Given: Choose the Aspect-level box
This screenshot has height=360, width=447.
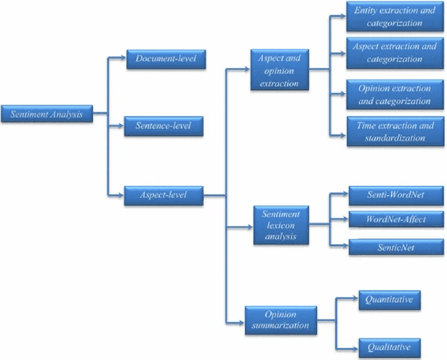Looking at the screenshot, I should [164, 195].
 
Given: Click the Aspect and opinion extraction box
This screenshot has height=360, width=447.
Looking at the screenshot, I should [279, 71].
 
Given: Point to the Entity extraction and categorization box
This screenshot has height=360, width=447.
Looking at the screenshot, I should [395, 17].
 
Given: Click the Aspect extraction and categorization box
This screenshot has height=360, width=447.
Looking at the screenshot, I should [395, 52].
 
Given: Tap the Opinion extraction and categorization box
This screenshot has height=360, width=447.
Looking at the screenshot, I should [395, 95].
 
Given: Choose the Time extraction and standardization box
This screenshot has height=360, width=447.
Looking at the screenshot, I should [395, 131].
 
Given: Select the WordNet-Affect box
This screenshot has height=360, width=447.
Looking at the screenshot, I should [396, 219].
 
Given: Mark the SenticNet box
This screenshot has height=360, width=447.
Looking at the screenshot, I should [396, 246].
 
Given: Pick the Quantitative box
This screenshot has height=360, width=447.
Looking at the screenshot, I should [390, 300].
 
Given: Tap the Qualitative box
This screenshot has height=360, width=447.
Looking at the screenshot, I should [390, 346].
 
